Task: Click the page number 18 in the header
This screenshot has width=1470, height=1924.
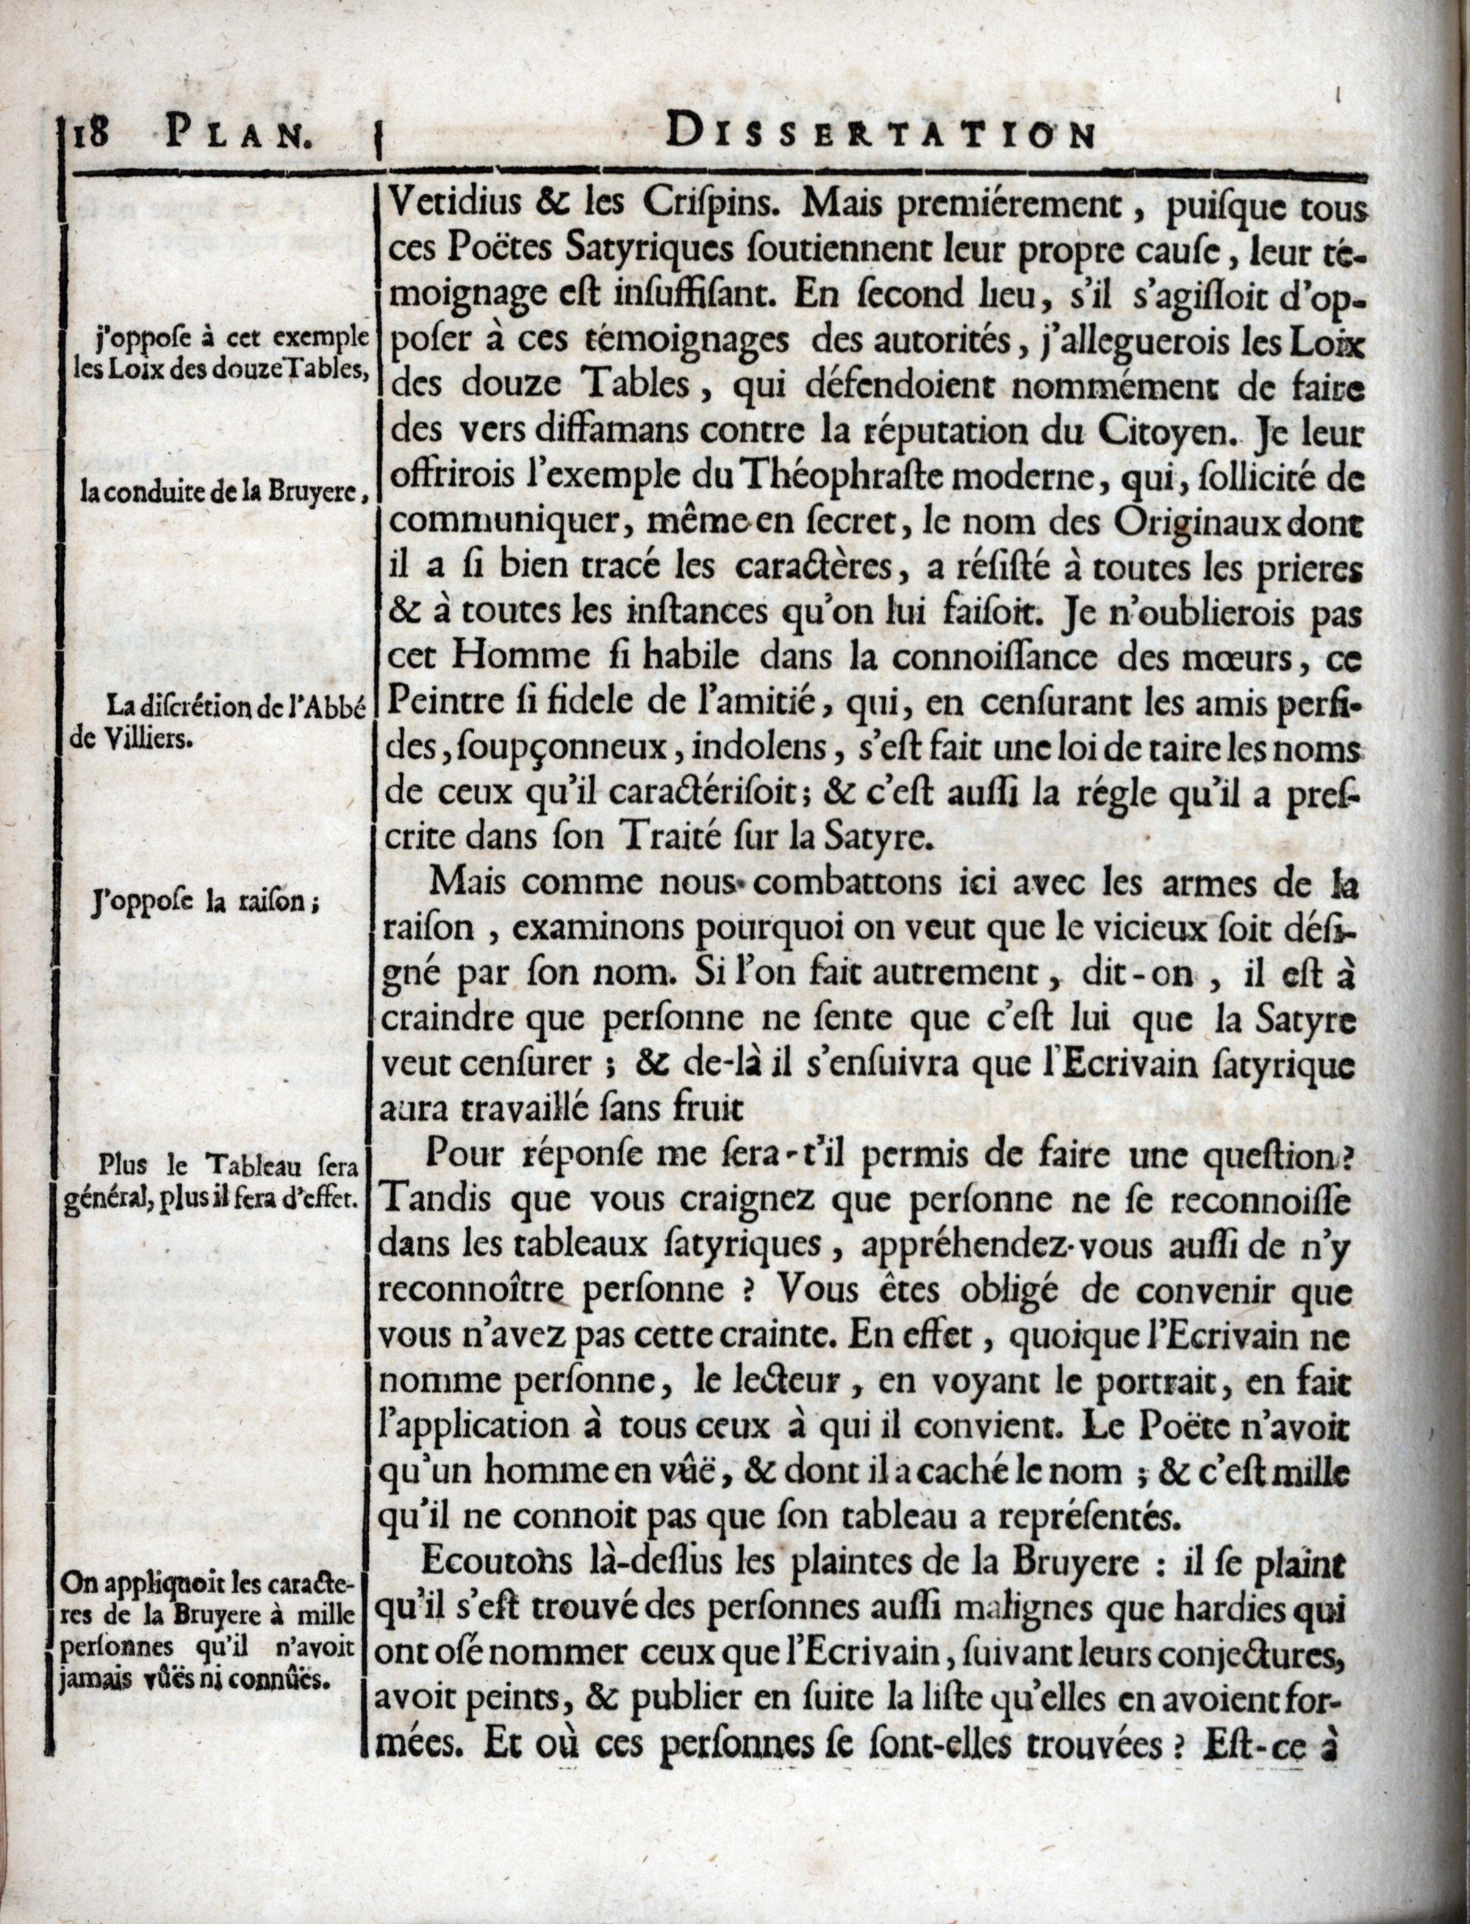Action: [x=85, y=136]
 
